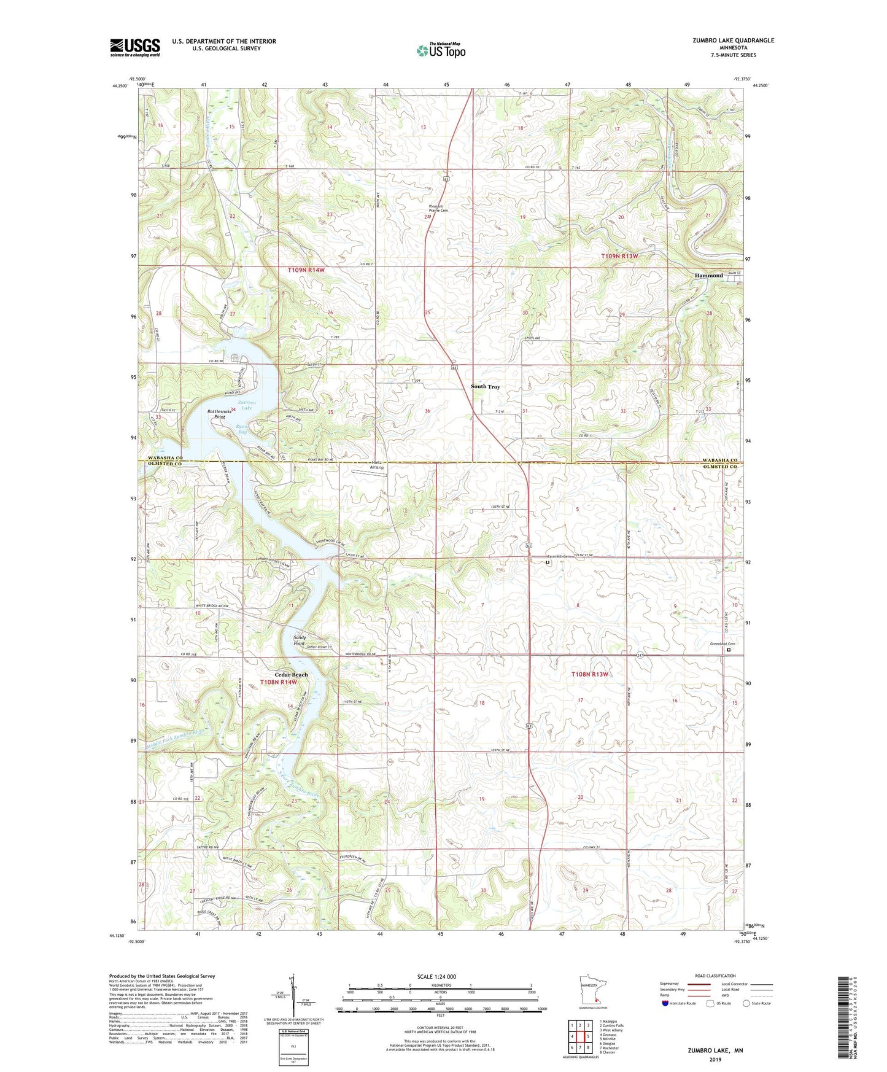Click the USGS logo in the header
point(134,47)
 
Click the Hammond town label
point(708,276)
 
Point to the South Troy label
point(485,387)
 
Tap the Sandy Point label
point(300,640)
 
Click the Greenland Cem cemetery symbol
point(729,650)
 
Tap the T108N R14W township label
point(278,682)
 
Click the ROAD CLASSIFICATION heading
point(715,976)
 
